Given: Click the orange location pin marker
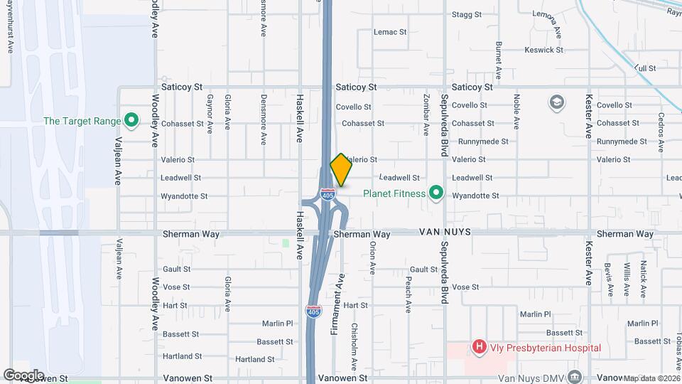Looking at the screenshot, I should click(x=341, y=170).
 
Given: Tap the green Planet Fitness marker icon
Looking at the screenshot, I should click(x=436, y=193).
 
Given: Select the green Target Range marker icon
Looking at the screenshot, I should click(x=131, y=121).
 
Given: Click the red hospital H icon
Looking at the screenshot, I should click(x=480, y=348).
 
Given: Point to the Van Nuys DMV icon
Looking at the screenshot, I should click(x=575, y=376).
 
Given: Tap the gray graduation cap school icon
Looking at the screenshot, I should click(x=558, y=103).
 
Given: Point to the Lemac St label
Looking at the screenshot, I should click(x=391, y=32).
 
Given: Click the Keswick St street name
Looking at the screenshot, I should click(x=543, y=50).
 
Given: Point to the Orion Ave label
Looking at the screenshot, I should click(x=372, y=257).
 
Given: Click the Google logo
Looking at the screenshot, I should click(x=23, y=375).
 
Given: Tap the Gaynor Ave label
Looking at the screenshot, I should click(x=210, y=114).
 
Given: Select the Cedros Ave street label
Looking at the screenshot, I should click(x=661, y=132).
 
